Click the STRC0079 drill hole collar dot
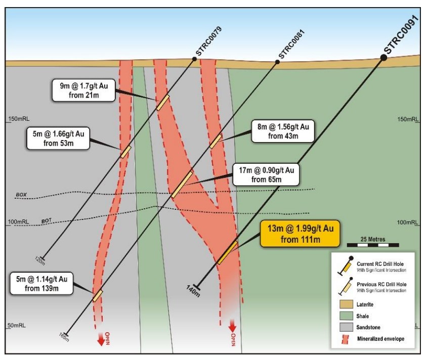pyautogui.click(x=194, y=59)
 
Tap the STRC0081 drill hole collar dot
pyautogui.click(x=277, y=62)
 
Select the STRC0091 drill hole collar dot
pyautogui.click(x=383, y=58)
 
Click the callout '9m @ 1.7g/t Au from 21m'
pyautogui.click(x=83, y=91)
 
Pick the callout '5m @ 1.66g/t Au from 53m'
pyautogui.click(x=58, y=139)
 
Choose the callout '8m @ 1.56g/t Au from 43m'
pyautogui.click(x=283, y=131)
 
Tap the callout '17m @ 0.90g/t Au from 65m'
pyautogui.click(x=266, y=175)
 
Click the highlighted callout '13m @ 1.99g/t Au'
pyautogui.click(x=301, y=234)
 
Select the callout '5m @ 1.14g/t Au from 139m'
pyautogui.click(x=41, y=284)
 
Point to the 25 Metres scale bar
pyautogui.click(x=373, y=245)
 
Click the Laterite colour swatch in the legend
pyautogui.click(x=347, y=304)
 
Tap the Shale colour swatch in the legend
pyautogui.click(x=347, y=316)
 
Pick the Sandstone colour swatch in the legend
pyautogui.click(x=347, y=327)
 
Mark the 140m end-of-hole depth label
pyautogui.click(x=193, y=291)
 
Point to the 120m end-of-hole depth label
pyautogui.click(x=40, y=261)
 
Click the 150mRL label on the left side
pyautogui.click(x=19, y=119)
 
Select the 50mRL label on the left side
pyautogui.click(x=17, y=325)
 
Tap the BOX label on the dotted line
pyautogui.click(x=21, y=195)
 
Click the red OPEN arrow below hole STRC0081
pyautogui.click(x=101, y=339)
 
